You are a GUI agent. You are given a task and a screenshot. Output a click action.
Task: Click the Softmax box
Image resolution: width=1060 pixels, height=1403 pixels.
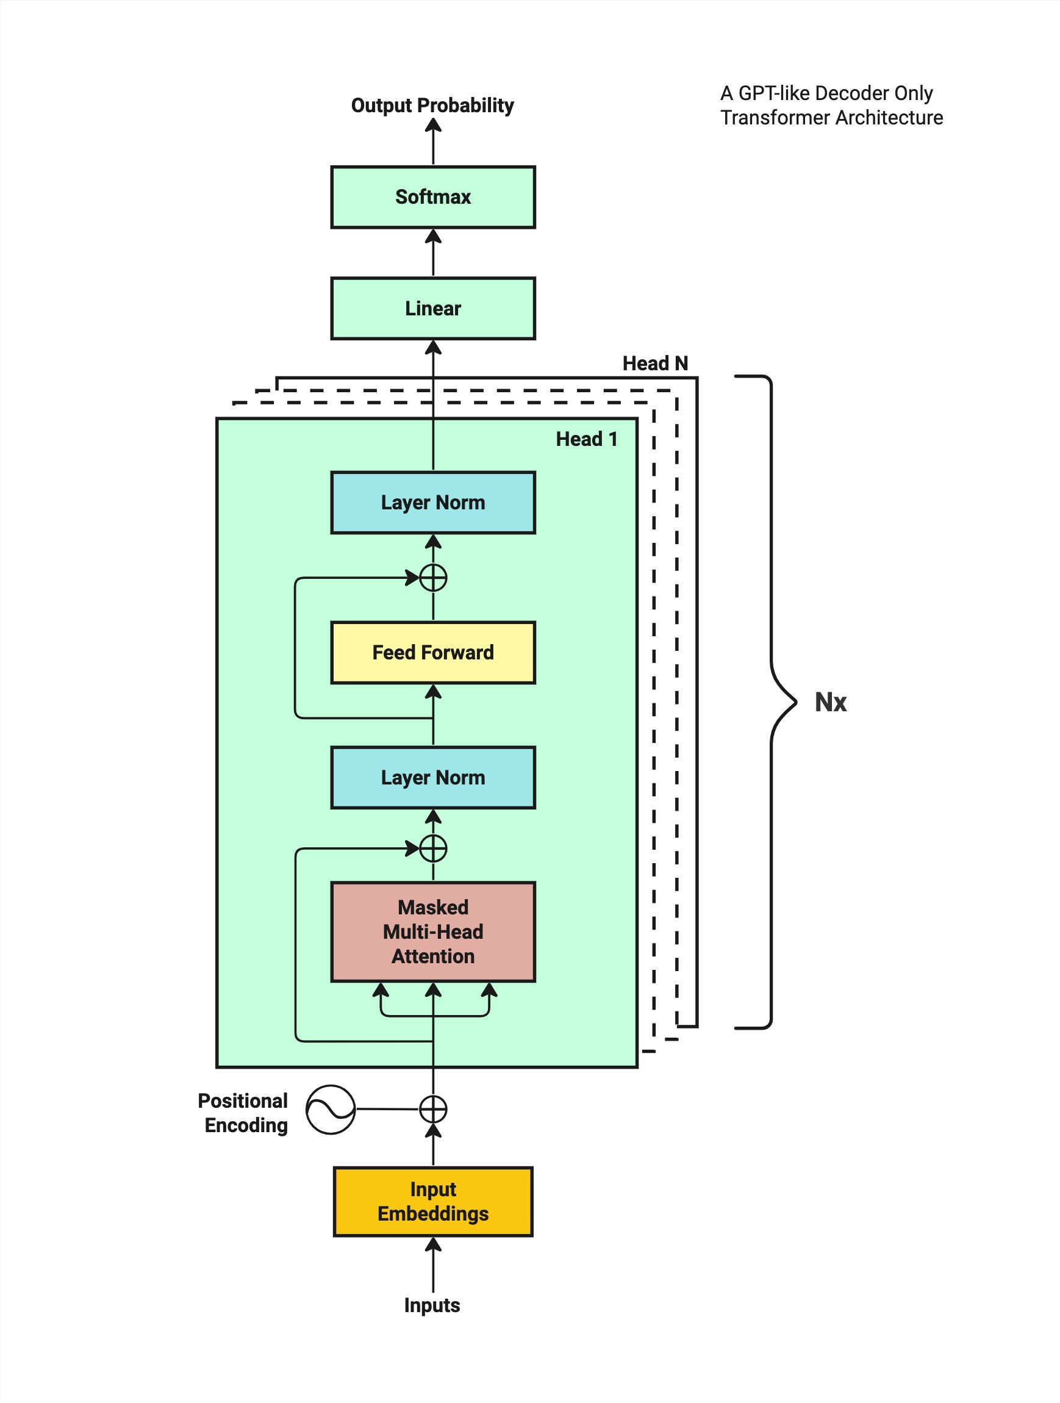coord(433,197)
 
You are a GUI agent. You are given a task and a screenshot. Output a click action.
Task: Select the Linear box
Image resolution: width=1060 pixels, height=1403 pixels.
coord(433,308)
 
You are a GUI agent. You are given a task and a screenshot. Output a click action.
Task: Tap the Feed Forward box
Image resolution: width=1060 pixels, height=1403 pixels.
coord(433,652)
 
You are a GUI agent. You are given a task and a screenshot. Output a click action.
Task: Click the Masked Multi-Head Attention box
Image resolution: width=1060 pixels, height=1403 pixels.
coord(433,931)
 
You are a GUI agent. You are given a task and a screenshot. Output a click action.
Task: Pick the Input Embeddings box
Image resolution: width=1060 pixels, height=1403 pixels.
coord(433,1201)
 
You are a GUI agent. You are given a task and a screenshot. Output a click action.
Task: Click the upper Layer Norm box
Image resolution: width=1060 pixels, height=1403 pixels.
coord(433,503)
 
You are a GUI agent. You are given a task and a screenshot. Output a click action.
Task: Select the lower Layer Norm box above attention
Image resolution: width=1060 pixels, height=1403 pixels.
coord(433,777)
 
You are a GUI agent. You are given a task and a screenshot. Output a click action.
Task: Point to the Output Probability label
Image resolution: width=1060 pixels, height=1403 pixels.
coord(432,106)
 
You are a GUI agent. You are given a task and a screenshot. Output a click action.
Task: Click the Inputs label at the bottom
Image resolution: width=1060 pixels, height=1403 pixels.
coord(432,1305)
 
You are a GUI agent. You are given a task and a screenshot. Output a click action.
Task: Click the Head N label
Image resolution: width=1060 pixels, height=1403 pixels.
coord(655,364)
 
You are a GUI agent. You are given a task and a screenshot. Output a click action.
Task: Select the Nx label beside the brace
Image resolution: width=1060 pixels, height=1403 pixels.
coord(831,702)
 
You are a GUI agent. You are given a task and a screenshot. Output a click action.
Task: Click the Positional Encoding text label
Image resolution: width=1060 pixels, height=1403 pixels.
coord(244,1113)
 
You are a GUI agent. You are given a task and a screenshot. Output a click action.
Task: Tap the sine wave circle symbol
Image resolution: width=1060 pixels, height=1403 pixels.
coord(331,1110)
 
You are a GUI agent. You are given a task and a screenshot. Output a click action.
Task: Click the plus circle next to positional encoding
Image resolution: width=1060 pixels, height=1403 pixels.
coord(433,1110)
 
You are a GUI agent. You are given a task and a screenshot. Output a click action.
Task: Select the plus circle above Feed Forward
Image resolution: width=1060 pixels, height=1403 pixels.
coord(433,578)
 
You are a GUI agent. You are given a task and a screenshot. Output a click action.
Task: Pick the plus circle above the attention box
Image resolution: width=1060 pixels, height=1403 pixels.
coord(433,848)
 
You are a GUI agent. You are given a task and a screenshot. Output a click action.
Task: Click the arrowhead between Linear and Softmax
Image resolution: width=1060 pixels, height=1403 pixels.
coord(433,237)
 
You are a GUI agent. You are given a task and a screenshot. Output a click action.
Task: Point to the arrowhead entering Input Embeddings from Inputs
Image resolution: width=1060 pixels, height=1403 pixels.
coord(433,1244)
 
